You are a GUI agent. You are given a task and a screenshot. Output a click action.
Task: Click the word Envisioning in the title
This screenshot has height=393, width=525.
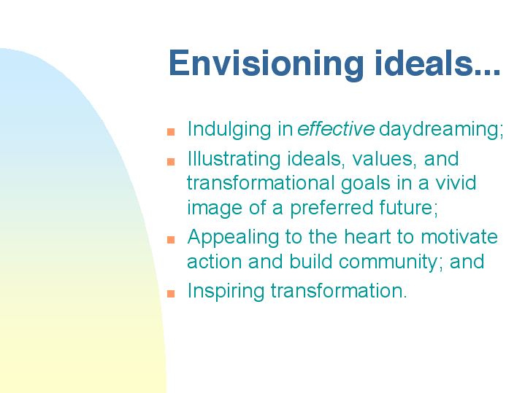pyautogui.click(x=267, y=65)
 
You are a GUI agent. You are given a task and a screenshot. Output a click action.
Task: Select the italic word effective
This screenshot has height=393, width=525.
pyautogui.click(x=336, y=129)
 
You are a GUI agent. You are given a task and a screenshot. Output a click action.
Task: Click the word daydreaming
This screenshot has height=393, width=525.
pyautogui.click(x=441, y=131)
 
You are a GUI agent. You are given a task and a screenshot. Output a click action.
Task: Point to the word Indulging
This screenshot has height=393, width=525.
pyautogui.click(x=229, y=131)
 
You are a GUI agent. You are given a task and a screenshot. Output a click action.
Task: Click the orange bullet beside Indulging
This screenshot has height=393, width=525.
pyautogui.click(x=171, y=132)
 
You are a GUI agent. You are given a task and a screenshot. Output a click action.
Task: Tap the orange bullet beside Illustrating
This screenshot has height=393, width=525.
pyautogui.click(x=171, y=162)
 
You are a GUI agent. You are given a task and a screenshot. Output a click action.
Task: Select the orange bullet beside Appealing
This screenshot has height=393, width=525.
pyautogui.click(x=171, y=240)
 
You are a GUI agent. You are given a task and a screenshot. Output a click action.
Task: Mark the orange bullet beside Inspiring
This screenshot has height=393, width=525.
pyautogui.click(x=171, y=294)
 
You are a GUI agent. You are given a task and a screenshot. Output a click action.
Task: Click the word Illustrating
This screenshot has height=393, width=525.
pyautogui.click(x=234, y=160)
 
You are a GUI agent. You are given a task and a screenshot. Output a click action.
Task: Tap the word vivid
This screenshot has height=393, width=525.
pyautogui.click(x=456, y=183)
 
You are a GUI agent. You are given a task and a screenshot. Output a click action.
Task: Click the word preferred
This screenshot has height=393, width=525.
pyautogui.click(x=332, y=209)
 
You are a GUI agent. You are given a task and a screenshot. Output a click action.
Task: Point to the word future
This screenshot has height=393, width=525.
pyautogui.click(x=408, y=208)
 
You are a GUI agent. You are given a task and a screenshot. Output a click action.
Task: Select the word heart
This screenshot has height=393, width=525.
pyautogui.click(x=367, y=237)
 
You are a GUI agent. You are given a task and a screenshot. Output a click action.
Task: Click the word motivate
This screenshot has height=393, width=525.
pyautogui.click(x=459, y=237)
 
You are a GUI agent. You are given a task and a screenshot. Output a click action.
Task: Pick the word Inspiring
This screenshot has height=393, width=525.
pyautogui.click(x=226, y=292)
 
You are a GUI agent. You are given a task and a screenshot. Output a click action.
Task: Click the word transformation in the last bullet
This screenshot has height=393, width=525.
pyautogui.click(x=339, y=291)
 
